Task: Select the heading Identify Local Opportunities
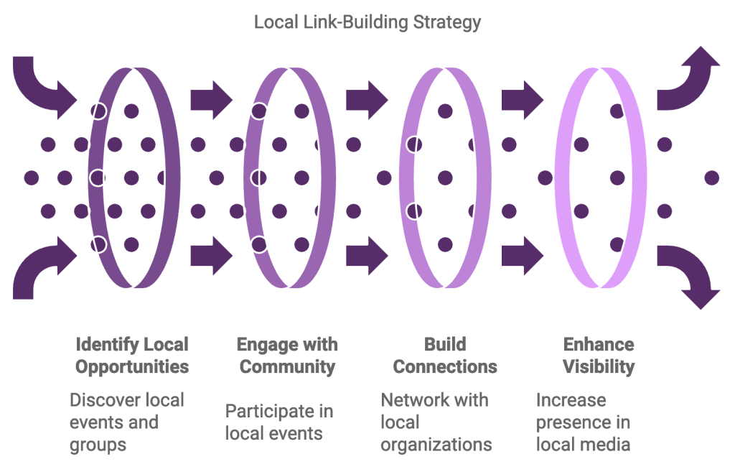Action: [x=132, y=355]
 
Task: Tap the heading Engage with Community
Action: [x=287, y=355]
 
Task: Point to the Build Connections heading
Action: [x=445, y=355]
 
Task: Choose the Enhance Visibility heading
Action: [x=599, y=355]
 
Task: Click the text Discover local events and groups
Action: [x=126, y=422]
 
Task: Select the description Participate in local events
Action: [x=278, y=422]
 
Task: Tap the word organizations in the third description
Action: [x=436, y=444]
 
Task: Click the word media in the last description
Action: [x=607, y=444]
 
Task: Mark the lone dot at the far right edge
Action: [x=711, y=177]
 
